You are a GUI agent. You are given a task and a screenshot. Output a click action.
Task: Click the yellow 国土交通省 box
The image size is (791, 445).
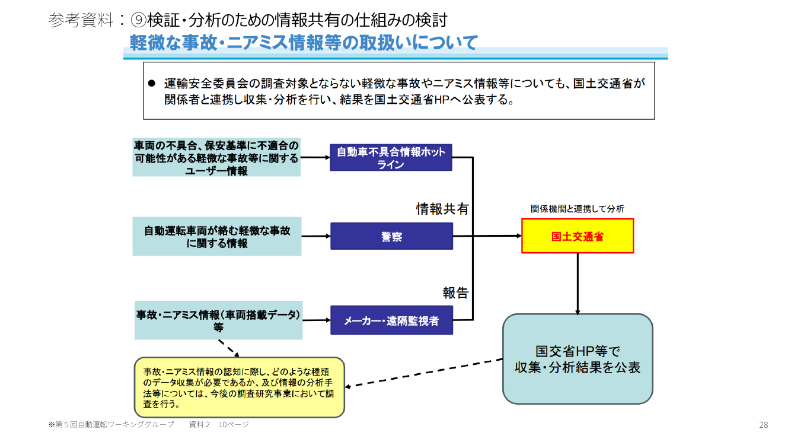[x=578, y=236]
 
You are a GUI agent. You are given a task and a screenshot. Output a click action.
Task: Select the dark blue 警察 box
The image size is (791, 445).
[x=391, y=236]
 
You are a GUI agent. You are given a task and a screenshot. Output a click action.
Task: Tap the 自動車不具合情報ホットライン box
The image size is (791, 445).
[x=391, y=157]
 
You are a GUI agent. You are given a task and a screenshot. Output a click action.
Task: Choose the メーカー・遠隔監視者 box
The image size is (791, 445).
[x=391, y=320]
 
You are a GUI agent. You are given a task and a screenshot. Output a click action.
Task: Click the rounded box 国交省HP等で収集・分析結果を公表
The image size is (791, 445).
[x=578, y=359]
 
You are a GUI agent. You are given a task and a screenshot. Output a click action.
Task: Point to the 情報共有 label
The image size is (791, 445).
[x=442, y=209]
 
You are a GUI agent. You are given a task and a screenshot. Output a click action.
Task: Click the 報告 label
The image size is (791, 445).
[x=455, y=293]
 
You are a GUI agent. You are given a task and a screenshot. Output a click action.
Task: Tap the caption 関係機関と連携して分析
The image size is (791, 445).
[x=578, y=209]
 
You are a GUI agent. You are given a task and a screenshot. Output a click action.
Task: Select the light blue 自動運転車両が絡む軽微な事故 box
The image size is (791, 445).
[x=217, y=236]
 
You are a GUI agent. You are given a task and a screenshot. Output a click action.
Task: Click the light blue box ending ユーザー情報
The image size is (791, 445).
[x=216, y=157]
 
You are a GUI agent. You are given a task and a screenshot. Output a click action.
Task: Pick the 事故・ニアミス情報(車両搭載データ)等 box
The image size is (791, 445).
[x=219, y=320]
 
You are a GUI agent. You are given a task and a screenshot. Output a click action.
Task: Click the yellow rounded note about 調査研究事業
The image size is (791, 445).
[x=239, y=387]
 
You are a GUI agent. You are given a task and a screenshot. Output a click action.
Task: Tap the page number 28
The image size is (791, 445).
[x=764, y=425]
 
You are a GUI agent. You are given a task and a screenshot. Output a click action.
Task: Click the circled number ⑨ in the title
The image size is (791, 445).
[x=138, y=20]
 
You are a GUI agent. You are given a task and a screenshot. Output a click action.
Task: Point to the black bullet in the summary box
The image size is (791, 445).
[x=152, y=84]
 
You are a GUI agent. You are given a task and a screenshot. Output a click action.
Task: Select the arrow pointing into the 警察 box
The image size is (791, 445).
[x=316, y=236]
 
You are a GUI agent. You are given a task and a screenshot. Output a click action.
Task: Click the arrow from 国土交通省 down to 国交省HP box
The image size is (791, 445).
[x=578, y=284]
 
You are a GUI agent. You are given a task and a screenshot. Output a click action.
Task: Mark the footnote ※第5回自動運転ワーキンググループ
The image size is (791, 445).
[x=111, y=424]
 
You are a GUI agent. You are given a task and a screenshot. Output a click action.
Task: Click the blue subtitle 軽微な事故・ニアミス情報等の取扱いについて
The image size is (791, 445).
[x=304, y=43]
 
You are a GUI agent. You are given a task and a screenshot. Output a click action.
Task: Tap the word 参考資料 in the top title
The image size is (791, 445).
[x=81, y=20]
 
